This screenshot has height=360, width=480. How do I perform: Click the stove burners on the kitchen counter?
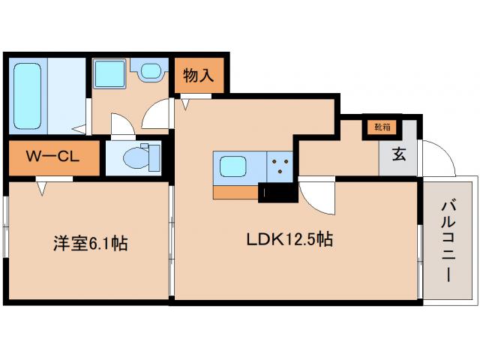pos(282,166)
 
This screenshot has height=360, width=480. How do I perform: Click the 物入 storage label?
pos(199,75)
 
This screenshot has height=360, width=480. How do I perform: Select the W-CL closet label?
pos(52,157)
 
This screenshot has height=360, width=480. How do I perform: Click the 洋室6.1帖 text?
pos(89,243)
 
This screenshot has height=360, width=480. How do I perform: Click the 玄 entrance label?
pos(400,156)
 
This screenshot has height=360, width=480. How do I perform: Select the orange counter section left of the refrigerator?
pos(235,193)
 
